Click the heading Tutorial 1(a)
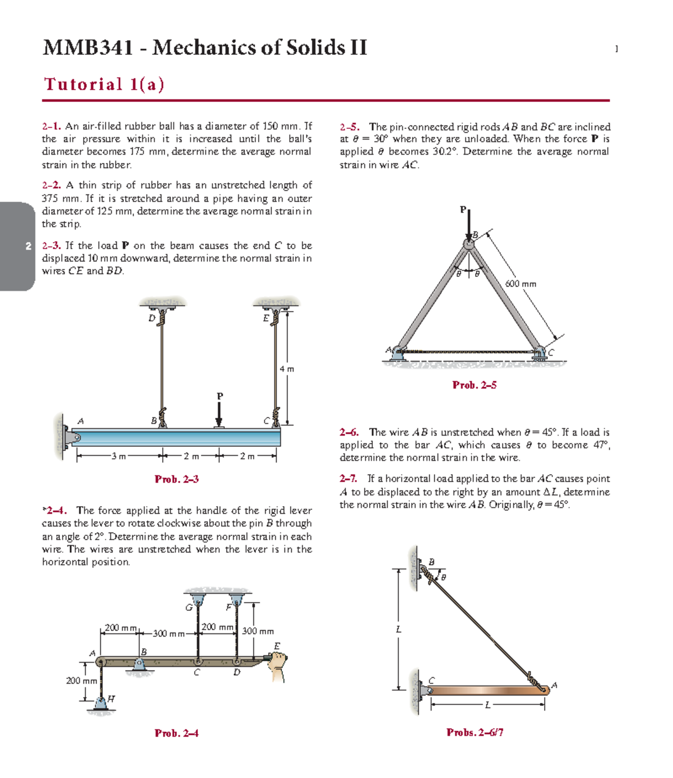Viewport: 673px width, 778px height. [x=104, y=84]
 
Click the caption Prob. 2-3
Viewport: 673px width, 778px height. [x=177, y=479]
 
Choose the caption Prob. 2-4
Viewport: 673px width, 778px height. [x=177, y=733]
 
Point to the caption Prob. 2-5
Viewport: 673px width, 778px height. [x=474, y=385]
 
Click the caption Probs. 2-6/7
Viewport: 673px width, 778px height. [x=474, y=732]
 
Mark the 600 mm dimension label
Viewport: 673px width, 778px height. [x=520, y=284]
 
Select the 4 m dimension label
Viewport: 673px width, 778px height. [x=287, y=369]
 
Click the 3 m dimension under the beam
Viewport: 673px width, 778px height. [x=118, y=456]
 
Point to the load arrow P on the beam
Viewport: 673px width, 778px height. [x=219, y=414]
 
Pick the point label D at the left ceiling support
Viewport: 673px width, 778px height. [x=151, y=318]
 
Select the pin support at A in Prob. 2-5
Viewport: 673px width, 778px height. [x=397, y=353]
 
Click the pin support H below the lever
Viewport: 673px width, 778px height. [x=101, y=703]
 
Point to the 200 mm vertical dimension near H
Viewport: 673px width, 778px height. [x=82, y=680]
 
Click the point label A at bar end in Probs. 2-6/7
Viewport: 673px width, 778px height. [x=554, y=685]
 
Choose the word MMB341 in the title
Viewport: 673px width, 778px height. [x=88, y=47]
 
